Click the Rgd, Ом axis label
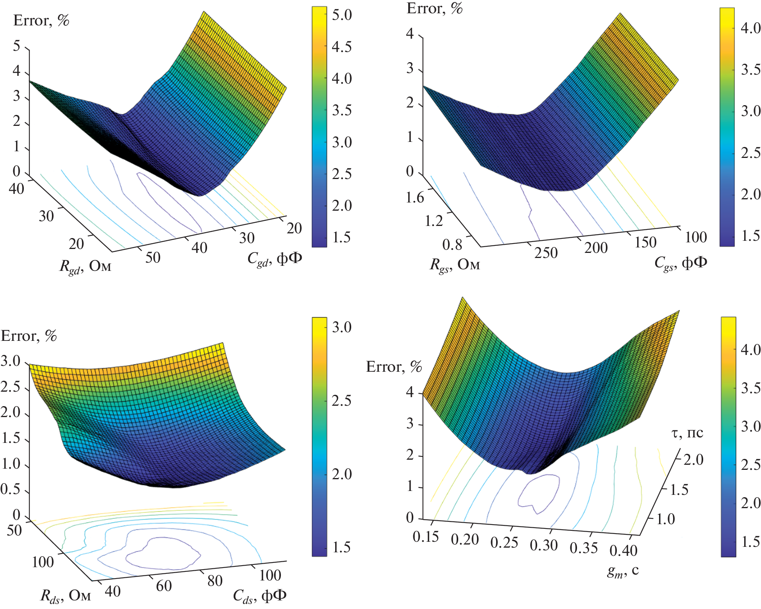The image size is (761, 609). coord(85,267)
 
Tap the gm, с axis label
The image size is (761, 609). coord(623,571)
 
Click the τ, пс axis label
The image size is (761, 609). coord(687,433)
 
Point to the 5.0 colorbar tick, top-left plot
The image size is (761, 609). coord(342,15)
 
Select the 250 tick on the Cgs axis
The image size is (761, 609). coord(546,253)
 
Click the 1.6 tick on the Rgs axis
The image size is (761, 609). coord(414,198)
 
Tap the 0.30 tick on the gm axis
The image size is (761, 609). coord(544,545)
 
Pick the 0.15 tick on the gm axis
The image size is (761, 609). coord(426,537)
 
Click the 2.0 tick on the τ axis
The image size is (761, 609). coord(693,460)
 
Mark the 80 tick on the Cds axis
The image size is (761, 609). coord(215,581)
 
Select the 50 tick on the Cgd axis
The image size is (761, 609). coord(153,258)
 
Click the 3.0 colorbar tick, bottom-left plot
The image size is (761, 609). coord(342,327)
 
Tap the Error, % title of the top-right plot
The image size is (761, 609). coord(434,9)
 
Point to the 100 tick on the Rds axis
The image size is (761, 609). coord(43,562)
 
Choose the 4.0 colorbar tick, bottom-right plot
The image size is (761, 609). coord(750,350)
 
